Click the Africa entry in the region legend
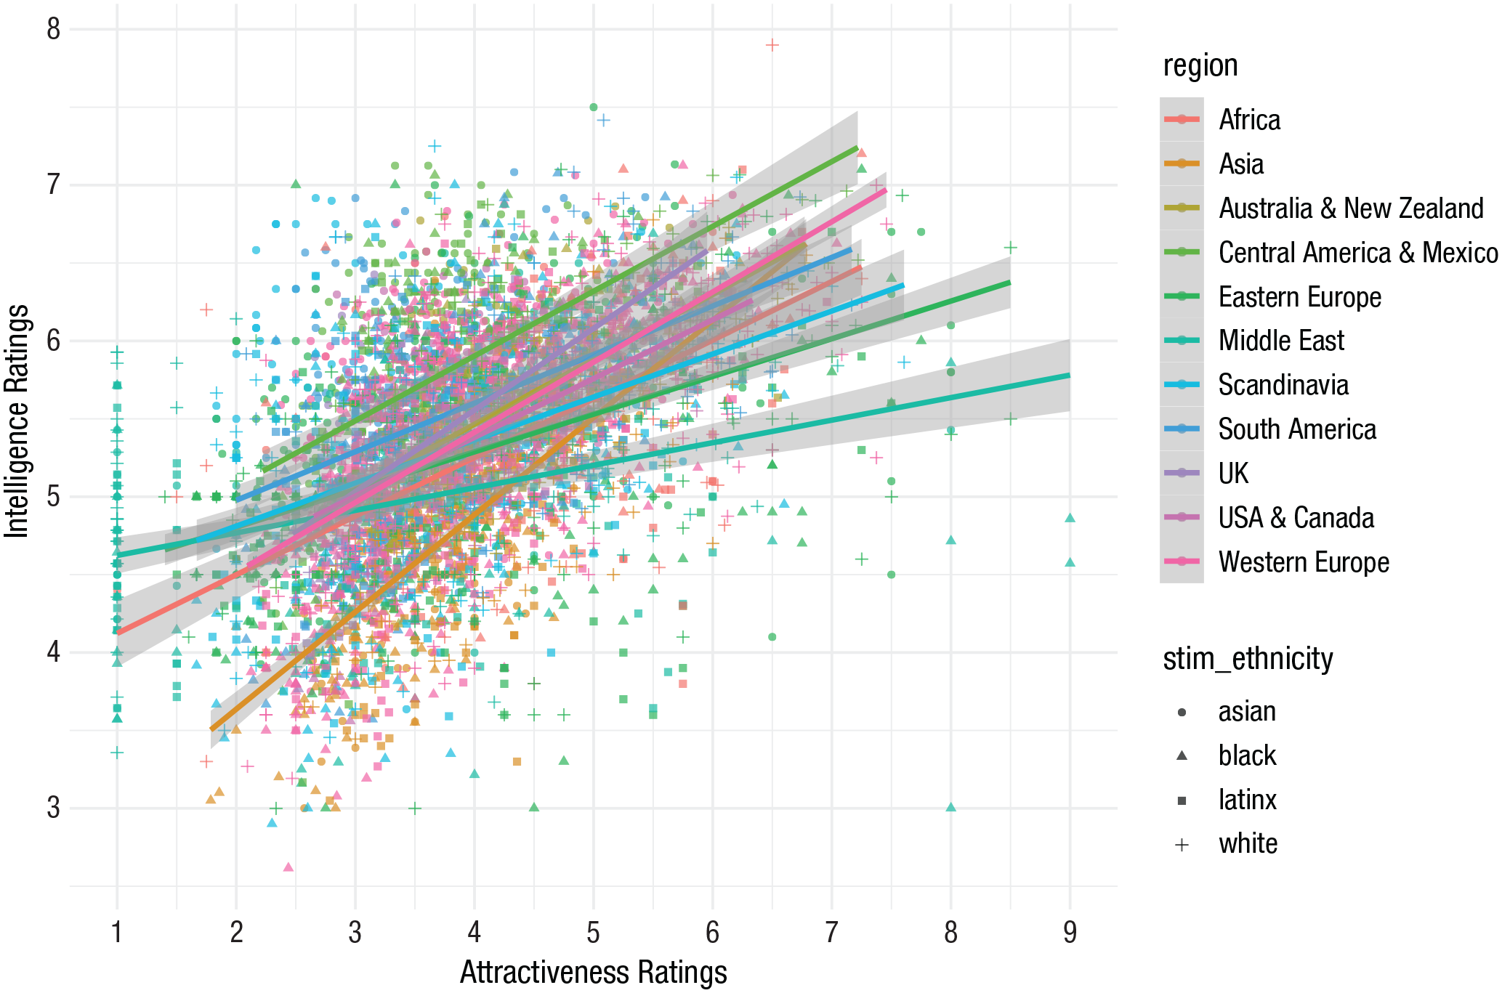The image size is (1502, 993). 1249,120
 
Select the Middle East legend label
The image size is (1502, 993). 1281,341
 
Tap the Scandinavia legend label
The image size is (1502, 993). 1283,385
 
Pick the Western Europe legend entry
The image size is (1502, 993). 1304,562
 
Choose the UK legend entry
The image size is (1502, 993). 1233,474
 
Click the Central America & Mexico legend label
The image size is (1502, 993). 1357,253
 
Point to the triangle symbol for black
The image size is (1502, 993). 1182,755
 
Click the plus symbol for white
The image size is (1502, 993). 1182,844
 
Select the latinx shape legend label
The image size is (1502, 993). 1247,800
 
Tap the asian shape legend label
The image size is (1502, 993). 1247,711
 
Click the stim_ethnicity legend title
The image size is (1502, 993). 1248,659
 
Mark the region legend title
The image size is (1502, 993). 1200,65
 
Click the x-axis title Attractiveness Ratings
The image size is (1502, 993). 593,972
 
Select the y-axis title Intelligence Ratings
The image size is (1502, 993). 17,421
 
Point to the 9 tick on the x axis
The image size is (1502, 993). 1070,932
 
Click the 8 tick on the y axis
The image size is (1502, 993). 53,30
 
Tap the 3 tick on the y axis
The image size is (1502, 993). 53,808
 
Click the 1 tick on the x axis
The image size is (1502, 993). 117,932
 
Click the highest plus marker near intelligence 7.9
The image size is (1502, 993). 772,45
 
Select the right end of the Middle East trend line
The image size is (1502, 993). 1069,375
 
